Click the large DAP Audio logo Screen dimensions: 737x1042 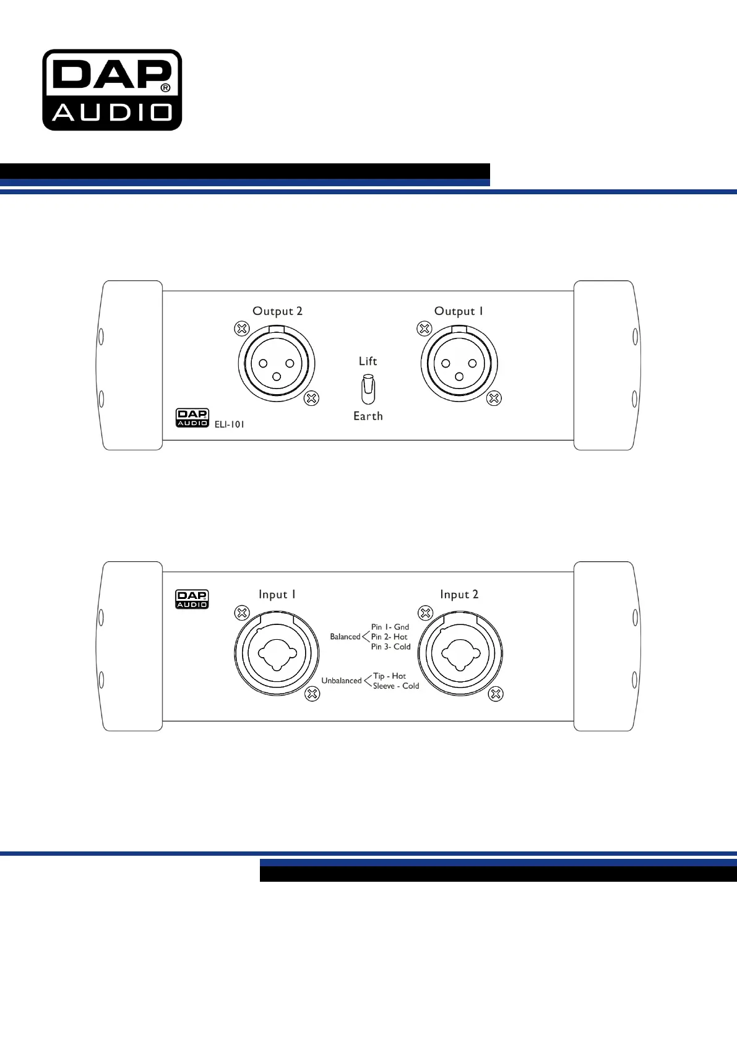(112, 90)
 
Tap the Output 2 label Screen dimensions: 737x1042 (277, 311)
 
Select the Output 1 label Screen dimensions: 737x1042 (459, 311)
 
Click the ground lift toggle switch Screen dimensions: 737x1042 (368, 389)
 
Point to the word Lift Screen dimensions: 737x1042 (368, 361)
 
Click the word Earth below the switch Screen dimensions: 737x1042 (368, 416)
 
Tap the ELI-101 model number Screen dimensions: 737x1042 (229, 424)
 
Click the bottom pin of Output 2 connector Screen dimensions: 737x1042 (277, 377)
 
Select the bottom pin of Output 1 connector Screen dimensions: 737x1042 (459, 377)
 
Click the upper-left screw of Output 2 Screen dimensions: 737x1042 (241, 329)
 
